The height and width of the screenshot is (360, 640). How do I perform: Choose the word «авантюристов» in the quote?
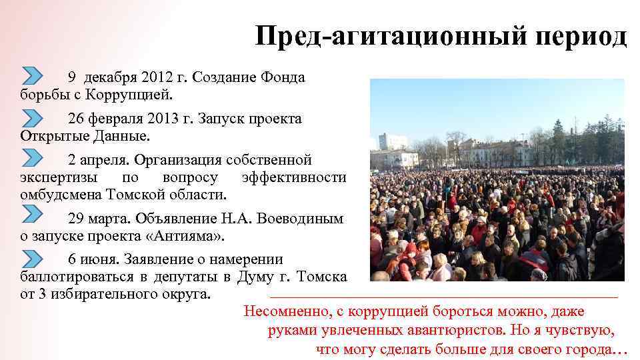(x=457, y=330)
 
